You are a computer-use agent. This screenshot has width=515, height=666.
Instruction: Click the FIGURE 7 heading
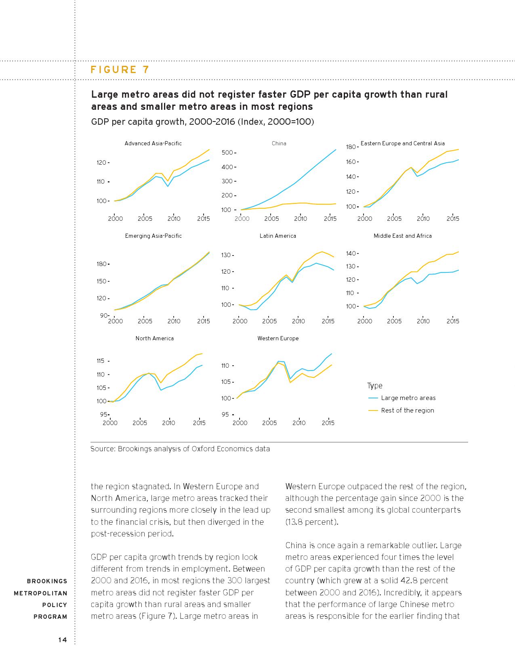tap(120, 69)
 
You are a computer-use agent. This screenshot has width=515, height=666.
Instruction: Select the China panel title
tap(279, 143)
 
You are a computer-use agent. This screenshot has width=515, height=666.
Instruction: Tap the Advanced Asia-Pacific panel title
tap(153, 143)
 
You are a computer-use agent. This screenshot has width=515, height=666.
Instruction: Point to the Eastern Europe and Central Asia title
tap(402, 143)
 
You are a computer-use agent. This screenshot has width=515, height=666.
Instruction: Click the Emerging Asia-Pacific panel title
tap(153, 236)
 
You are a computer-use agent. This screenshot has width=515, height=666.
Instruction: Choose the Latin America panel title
tap(278, 236)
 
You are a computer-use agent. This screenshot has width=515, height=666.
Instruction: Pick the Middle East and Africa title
tap(402, 236)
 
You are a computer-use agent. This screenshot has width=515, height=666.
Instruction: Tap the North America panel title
tap(155, 338)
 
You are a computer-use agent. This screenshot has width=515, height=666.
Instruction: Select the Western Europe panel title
tap(278, 338)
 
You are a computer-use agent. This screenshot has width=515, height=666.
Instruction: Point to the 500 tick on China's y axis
tap(227, 153)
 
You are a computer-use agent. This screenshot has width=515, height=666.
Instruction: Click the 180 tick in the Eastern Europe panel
tap(351, 147)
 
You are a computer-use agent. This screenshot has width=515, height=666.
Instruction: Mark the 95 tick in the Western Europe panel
tap(225, 415)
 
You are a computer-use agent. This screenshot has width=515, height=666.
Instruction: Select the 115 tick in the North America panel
tap(101, 361)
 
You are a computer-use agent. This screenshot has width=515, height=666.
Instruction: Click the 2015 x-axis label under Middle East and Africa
tap(453, 321)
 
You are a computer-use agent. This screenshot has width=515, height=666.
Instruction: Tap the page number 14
tap(63, 639)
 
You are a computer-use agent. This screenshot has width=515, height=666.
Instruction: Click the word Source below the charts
tap(103, 449)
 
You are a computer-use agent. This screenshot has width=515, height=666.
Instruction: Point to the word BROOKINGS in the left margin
tap(47, 581)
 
